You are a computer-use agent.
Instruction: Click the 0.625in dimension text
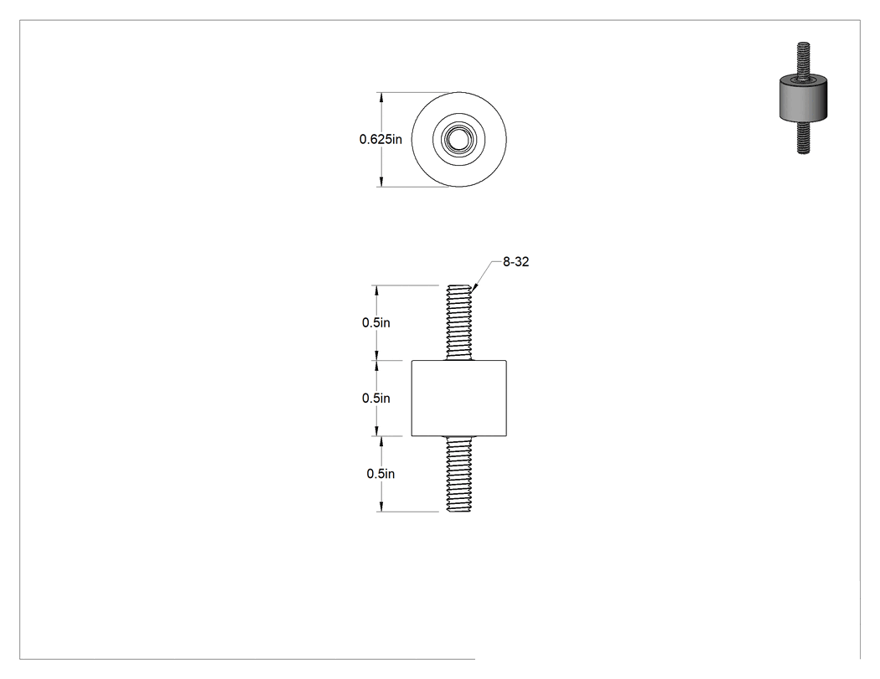coord(380,139)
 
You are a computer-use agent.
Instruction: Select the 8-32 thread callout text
coord(515,262)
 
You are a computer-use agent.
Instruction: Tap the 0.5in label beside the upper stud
coord(376,322)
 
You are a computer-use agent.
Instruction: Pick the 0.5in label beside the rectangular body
coord(376,398)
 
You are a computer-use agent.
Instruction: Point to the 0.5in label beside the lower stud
coord(380,474)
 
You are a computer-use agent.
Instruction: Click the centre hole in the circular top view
coord(459,139)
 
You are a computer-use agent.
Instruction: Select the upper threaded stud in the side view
coord(459,323)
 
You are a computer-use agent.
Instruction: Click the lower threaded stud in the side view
coord(459,474)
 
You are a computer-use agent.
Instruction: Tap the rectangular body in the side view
coord(459,398)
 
